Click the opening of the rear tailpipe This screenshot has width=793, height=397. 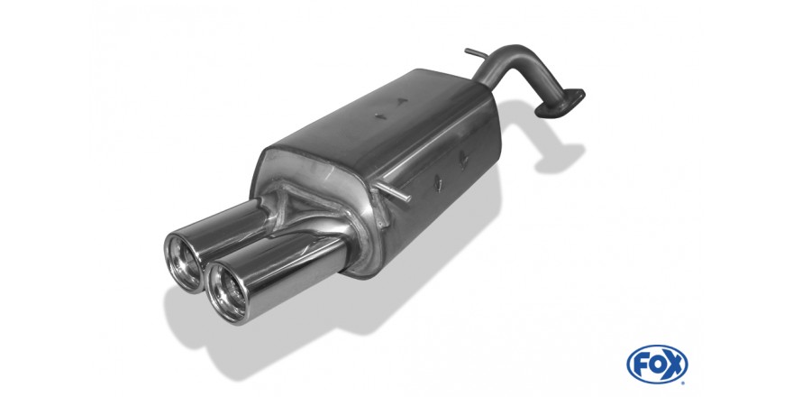point(184,263)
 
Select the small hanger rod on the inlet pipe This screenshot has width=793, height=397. point(477,53)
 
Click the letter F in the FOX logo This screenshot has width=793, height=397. point(642,364)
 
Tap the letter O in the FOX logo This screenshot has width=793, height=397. point(657,364)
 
